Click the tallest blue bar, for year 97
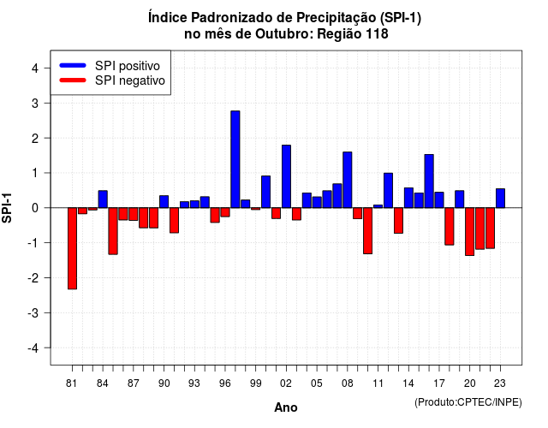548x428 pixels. (x=235, y=159)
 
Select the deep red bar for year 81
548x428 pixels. (x=72, y=248)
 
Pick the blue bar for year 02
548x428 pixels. (x=286, y=176)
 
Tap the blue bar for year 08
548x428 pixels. (x=348, y=180)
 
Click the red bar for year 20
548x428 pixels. (x=470, y=232)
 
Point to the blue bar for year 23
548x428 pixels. (x=500, y=199)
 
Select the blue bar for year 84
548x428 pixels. (x=103, y=199)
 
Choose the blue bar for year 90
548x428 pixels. (x=164, y=202)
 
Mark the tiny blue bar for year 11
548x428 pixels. (x=378, y=206)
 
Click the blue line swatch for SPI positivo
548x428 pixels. (x=73, y=65)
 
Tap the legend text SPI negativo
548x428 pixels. (x=130, y=80)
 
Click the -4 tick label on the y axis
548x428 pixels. (x=34, y=348)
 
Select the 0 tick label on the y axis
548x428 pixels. (x=34, y=208)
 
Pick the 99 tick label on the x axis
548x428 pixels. (x=255, y=383)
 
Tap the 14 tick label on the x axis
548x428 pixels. (x=408, y=383)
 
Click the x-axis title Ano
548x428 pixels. (x=286, y=407)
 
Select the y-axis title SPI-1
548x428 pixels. (x=7, y=208)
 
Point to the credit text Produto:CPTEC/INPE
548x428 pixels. (x=468, y=402)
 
